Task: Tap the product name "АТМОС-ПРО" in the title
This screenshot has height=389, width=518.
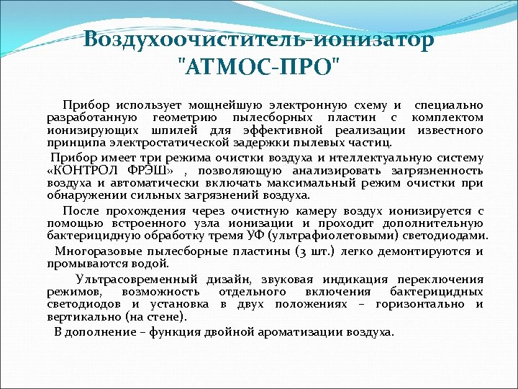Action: (258, 67)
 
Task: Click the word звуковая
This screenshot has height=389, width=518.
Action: (274, 280)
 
